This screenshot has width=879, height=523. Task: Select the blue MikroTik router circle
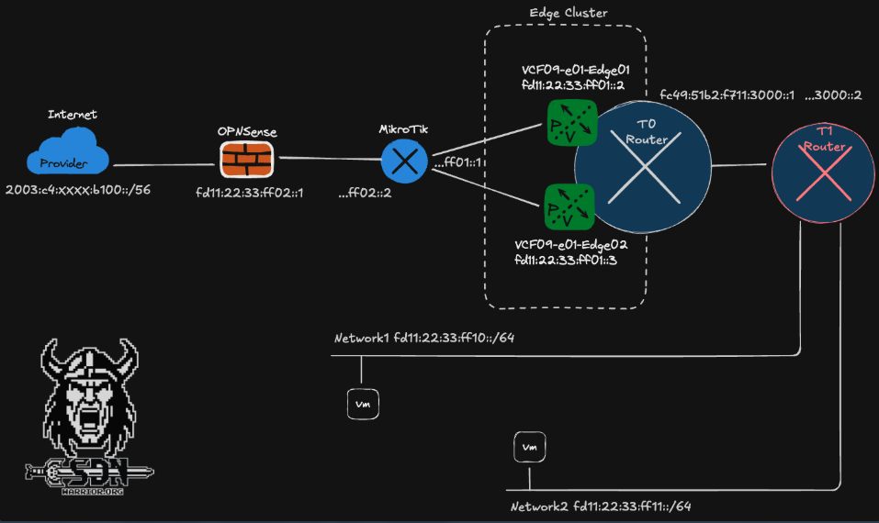(404, 162)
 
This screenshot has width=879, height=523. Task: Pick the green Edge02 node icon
(569, 206)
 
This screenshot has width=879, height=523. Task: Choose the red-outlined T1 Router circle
(817, 168)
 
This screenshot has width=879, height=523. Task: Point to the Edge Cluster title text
(569, 13)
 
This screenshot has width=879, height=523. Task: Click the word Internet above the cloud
(73, 115)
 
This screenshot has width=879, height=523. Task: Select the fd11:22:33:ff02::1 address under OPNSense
(250, 194)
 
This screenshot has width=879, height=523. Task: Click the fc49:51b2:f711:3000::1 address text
(727, 95)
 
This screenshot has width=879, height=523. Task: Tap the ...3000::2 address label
(833, 95)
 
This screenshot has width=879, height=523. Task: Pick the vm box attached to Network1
(363, 403)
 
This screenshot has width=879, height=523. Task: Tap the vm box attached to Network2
(528, 447)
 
